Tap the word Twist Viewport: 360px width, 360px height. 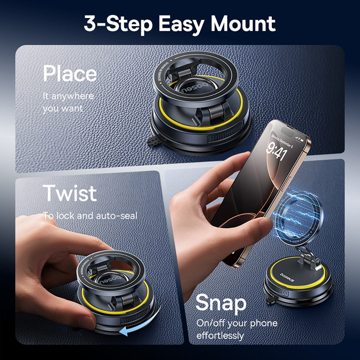[x=70, y=193]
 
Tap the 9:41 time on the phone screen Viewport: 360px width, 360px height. [x=276, y=150]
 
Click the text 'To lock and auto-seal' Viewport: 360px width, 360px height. [x=90, y=216]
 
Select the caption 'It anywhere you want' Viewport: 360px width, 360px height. [x=68, y=102]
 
